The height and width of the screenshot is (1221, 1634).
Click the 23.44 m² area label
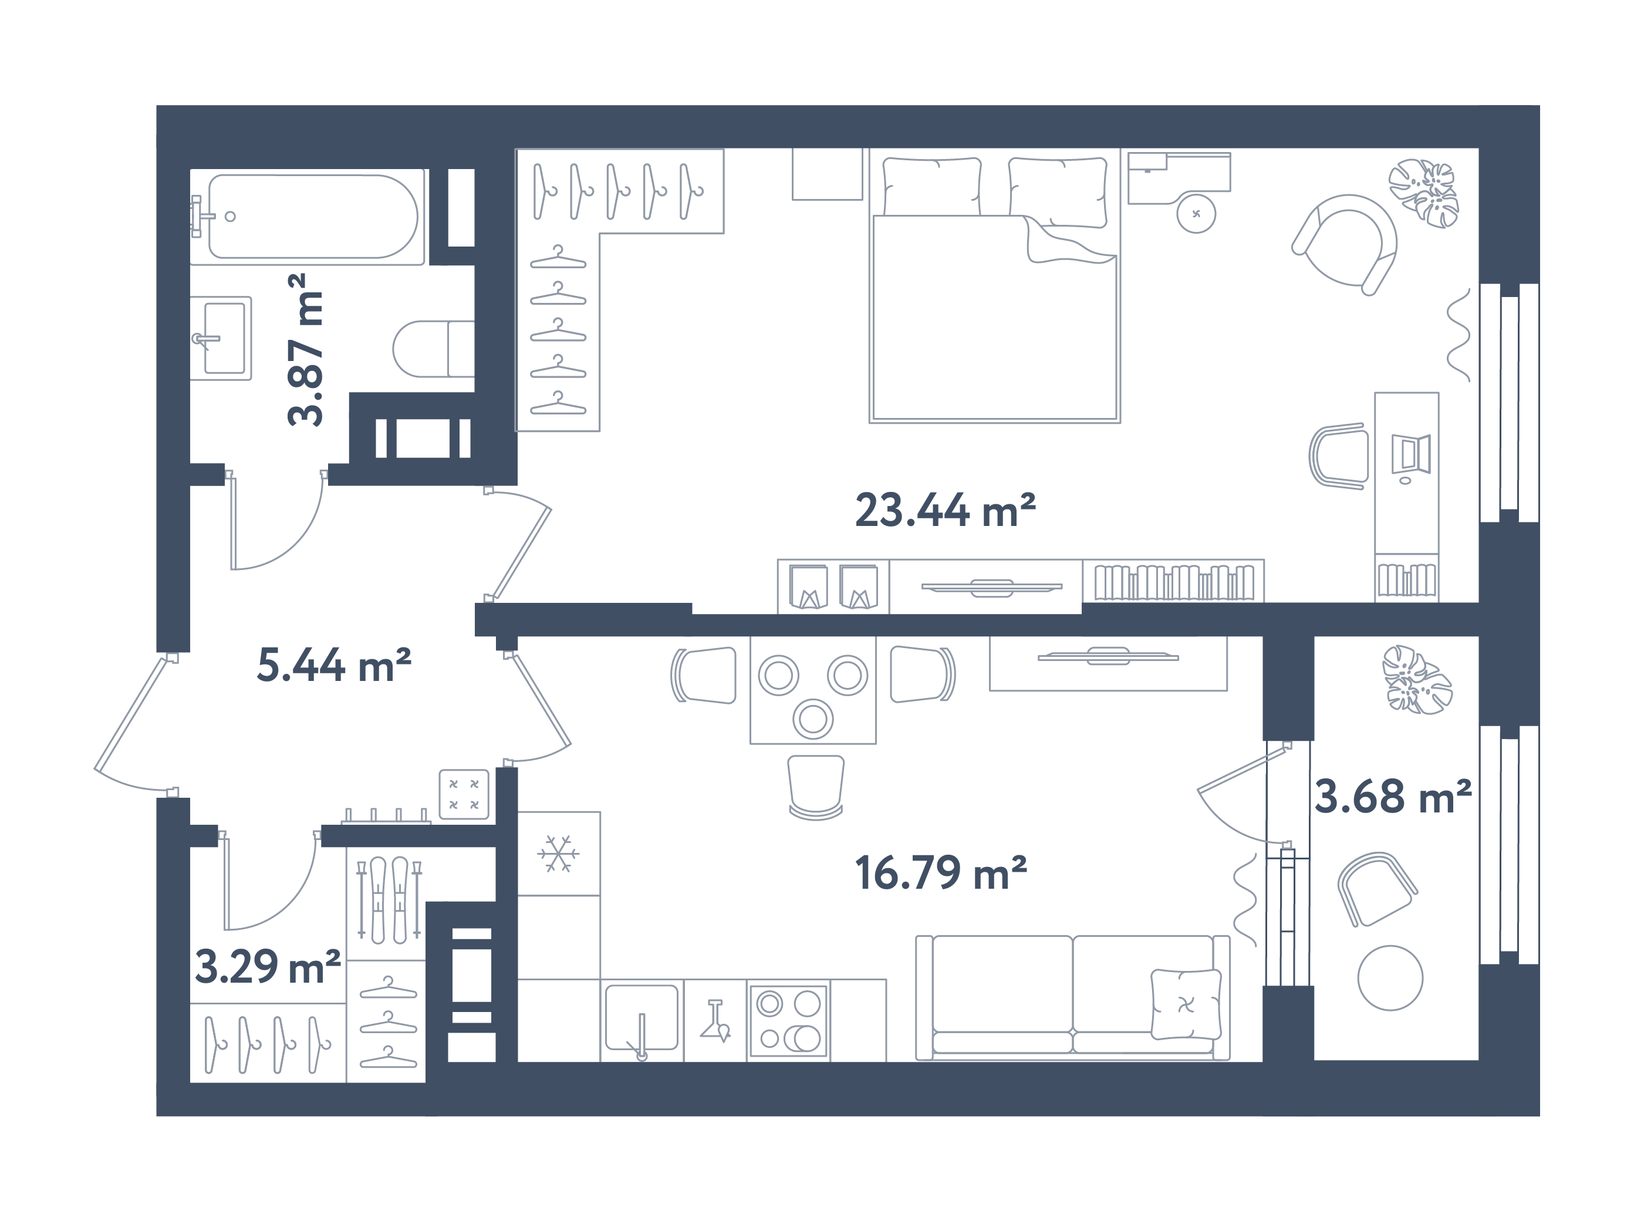tap(945, 510)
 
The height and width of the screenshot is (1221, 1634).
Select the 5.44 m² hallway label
tap(333, 664)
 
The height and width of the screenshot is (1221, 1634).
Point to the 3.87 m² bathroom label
tap(306, 349)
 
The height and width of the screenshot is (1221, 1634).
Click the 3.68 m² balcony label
tap(1392, 797)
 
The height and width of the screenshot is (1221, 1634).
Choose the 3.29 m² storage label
tap(268, 966)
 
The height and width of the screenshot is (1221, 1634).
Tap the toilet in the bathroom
tap(432, 349)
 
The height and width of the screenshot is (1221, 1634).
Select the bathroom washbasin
tap(221, 338)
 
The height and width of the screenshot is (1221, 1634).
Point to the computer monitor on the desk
tap(1411, 454)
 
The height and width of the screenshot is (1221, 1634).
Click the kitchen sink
tap(641, 1018)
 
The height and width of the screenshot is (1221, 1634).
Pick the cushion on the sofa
tap(1185, 1004)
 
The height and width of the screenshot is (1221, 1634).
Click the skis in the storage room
tap(389, 900)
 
